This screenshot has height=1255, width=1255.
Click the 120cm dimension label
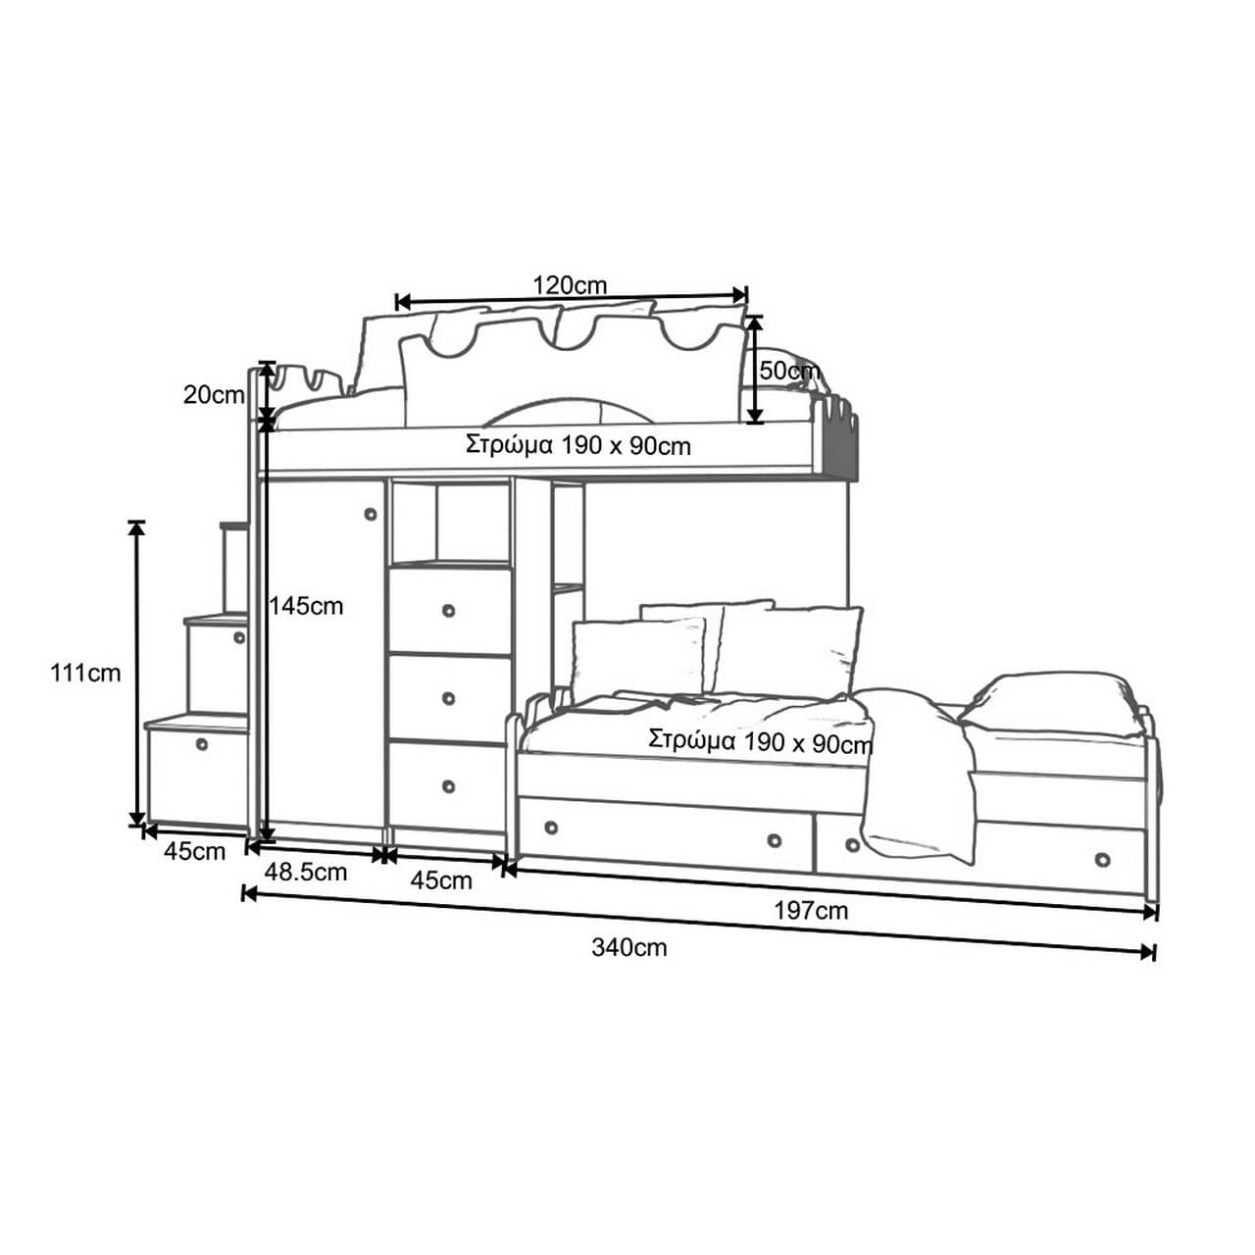(570, 285)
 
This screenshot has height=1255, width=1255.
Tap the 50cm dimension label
(788, 371)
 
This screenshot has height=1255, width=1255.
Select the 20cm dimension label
(214, 395)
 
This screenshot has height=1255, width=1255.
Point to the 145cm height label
(306, 606)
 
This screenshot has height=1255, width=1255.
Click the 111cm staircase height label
(85, 673)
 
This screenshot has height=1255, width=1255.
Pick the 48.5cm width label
(306, 872)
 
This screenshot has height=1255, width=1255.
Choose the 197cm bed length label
(811, 911)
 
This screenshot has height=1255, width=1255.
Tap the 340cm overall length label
(629, 947)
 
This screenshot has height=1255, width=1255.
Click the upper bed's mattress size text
(578, 446)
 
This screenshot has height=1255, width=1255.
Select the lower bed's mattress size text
(760, 741)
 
